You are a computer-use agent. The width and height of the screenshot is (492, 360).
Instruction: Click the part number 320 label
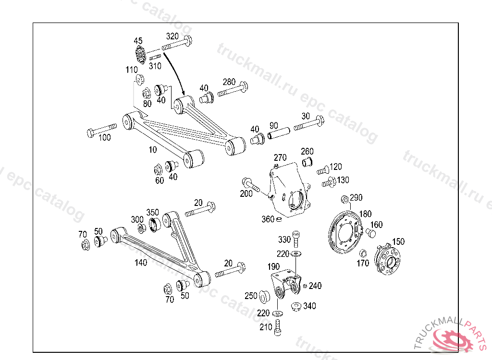[172, 36]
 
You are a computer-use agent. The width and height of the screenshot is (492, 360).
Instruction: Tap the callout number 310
[155, 66]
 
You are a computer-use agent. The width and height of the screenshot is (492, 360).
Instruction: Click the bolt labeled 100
[101, 130]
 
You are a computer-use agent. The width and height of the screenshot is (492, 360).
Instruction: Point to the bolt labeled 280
[233, 89]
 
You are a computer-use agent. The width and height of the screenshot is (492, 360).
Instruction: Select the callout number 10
[152, 150]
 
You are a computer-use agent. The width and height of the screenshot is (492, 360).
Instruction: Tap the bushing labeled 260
[307, 162]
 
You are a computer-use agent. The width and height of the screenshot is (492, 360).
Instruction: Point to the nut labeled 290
[344, 200]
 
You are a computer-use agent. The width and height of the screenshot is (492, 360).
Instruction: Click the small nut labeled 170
[363, 253]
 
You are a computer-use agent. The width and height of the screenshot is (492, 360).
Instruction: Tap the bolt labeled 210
[278, 327]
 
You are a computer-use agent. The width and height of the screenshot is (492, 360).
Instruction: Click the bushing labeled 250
[264, 297]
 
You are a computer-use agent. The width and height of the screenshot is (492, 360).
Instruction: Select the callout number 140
[141, 263]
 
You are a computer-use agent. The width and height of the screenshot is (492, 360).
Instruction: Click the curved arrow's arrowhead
[183, 93]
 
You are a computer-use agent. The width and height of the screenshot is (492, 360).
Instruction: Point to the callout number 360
[268, 219]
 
